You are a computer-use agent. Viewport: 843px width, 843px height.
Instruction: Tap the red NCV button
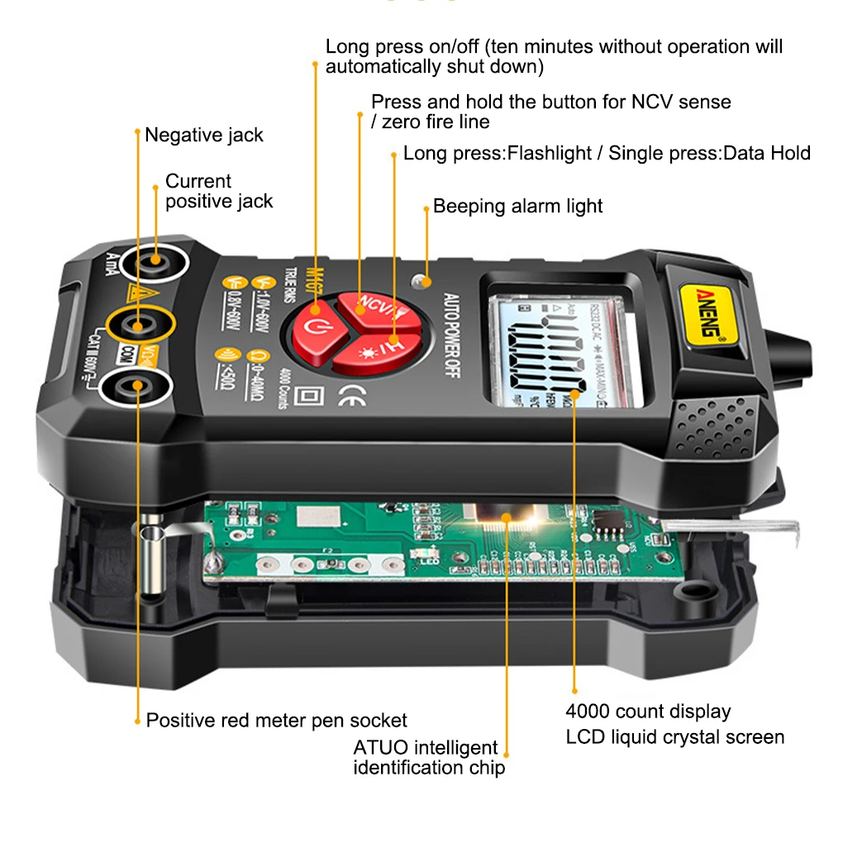[373, 302]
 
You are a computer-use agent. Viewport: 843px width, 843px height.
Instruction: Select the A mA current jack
[153, 264]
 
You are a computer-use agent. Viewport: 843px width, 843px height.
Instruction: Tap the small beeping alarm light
[423, 281]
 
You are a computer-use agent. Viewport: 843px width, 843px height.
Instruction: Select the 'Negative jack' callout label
[203, 135]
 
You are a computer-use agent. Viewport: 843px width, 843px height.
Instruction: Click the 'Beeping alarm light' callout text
[517, 206]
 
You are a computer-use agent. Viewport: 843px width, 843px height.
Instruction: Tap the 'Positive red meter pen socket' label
[276, 720]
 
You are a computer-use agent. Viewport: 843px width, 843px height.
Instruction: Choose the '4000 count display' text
[648, 711]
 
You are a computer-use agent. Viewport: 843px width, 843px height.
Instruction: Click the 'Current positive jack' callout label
[218, 191]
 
